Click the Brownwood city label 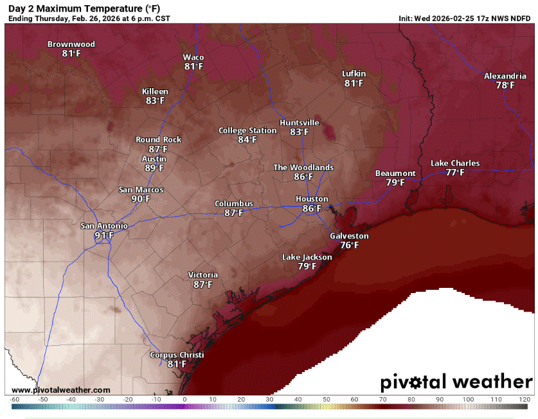coord(71,44)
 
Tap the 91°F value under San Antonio coord(103,235)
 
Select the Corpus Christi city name coord(177,355)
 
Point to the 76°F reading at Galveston coord(349,245)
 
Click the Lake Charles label coord(454,163)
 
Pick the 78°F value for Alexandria coord(505,85)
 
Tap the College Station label coord(247,130)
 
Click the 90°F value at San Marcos coord(141,199)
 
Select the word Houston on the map coord(312,199)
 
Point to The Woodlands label coord(303,167)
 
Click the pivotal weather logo coord(456,382)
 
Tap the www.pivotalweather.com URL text coord(60,390)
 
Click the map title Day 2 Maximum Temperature coord(84,8)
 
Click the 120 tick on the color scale coord(525,399)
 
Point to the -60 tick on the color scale coord(15,399)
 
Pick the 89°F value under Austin coord(154,168)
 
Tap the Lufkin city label coord(354,74)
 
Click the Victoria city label coord(202,275)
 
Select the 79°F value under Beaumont coord(395,183)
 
